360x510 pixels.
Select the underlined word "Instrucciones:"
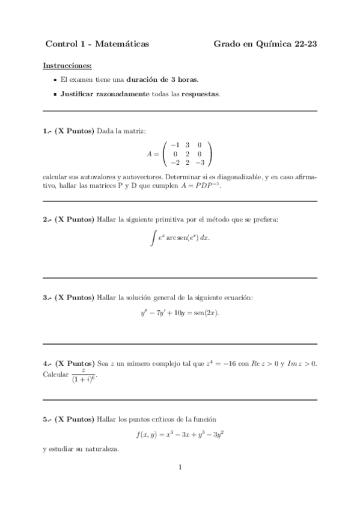pos(68,65)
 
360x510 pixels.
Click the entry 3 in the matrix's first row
pos(187,145)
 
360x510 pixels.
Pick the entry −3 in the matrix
pos(200,162)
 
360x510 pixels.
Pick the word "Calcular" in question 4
pos(56,373)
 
